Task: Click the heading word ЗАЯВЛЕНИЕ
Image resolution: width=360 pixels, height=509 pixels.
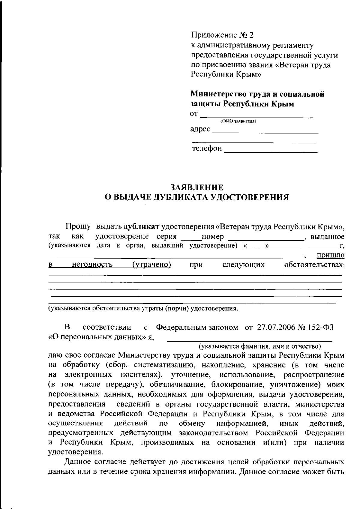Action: tap(197, 187)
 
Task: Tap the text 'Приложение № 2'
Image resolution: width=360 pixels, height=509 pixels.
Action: tap(222, 35)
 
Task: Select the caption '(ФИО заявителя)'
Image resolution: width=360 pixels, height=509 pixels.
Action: tap(238, 121)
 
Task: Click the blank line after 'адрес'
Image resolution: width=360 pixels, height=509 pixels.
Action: tap(265, 132)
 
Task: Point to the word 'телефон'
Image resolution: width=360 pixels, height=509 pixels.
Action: tap(207, 148)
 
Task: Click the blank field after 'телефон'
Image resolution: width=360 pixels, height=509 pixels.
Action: tap(270, 151)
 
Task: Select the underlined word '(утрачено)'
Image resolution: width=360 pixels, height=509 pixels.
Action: tap(151, 265)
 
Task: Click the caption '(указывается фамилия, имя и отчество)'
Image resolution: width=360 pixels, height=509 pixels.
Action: tap(260, 346)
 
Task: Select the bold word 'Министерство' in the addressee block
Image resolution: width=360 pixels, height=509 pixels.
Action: tap(219, 94)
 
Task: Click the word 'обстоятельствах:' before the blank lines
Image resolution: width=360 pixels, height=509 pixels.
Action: tap(314, 265)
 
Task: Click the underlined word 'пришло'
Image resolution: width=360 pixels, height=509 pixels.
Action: tap(330, 255)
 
